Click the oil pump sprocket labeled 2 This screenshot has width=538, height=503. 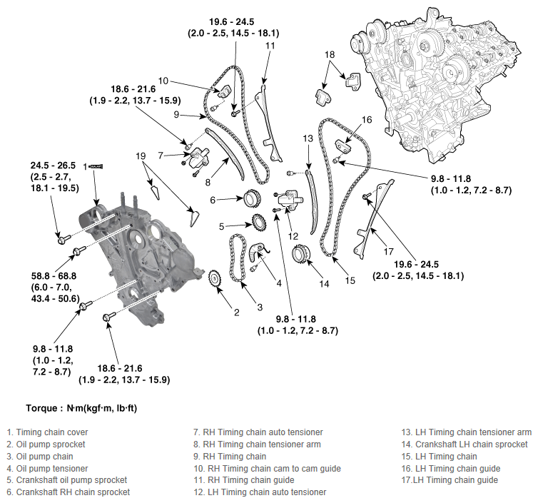click(x=213, y=280)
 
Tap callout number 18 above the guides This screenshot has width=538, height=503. click(x=329, y=55)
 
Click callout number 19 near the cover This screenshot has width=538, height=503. click(x=141, y=155)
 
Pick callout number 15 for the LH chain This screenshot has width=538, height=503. click(x=350, y=280)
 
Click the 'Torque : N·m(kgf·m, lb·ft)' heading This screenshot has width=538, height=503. click(x=81, y=409)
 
